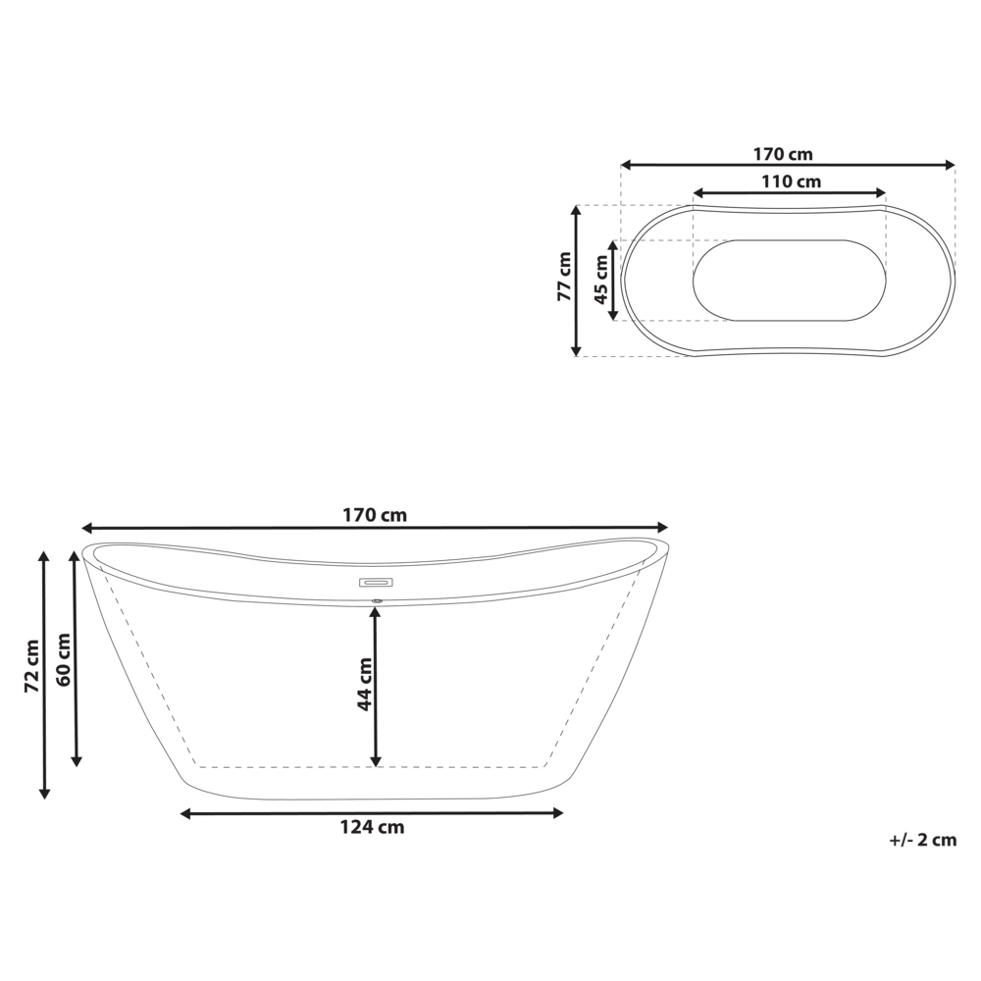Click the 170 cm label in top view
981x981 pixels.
tap(783, 154)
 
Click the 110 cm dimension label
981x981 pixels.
tap(791, 181)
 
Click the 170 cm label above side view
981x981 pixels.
tap(375, 515)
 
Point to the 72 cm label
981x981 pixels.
tap(32, 667)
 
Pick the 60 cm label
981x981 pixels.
tap(64, 659)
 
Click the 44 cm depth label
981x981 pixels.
tap(364, 684)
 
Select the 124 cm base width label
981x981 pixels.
tap(372, 827)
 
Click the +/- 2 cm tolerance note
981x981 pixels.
tap(922, 840)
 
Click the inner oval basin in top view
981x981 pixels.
tap(790, 281)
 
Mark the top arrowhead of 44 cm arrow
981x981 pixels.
tap(376, 612)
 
